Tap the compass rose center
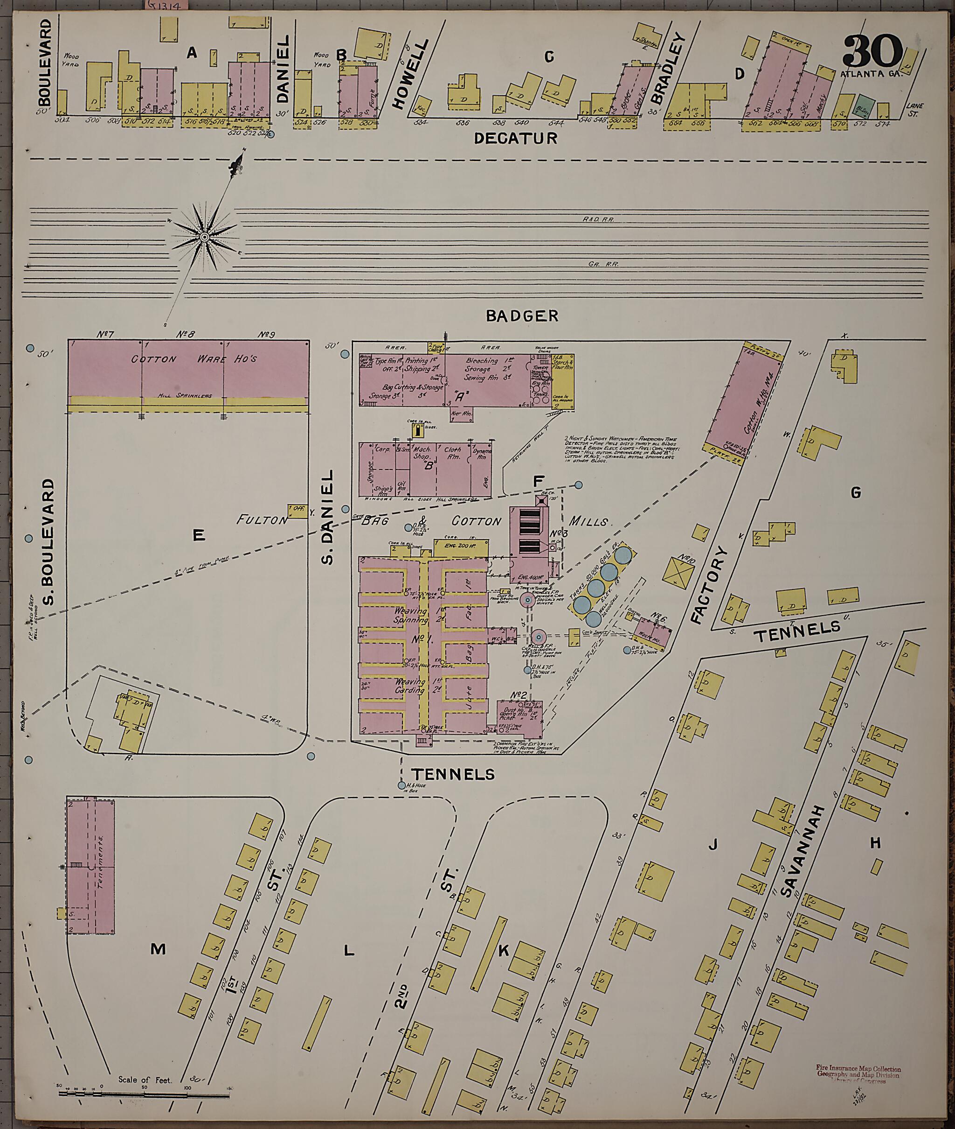[x=205, y=237]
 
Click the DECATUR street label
[x=515, y=139]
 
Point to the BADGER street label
[x=521, y=316]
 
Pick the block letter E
[x=199, y=536]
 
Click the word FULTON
[x=262, y=520]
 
